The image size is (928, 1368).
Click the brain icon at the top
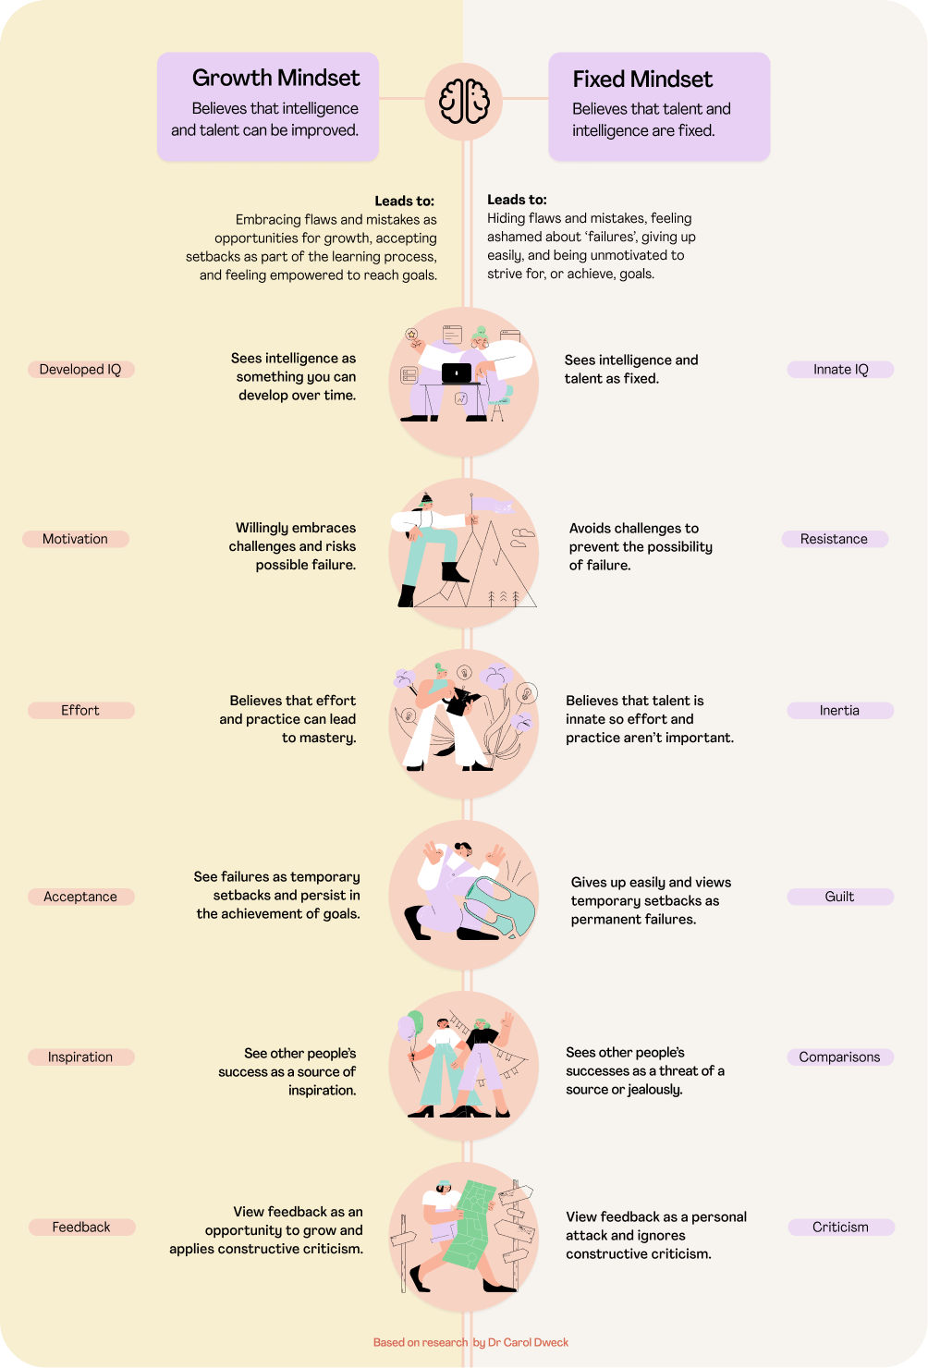tap(463, 100)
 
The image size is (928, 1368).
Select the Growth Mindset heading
tap(275, 79)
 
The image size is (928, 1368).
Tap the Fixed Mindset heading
tap(642, 79)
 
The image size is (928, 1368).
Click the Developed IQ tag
tap(80, 370)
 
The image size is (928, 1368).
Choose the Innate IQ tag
tap(840, 370)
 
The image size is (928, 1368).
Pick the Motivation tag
tap(76, 539)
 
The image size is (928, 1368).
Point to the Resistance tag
tap(834, 539)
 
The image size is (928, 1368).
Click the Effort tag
tap(80, 710)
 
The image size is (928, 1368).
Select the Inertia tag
tap(839, 710)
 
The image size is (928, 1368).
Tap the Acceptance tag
tap(80, 897)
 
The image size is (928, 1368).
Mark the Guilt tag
tap(839, 897)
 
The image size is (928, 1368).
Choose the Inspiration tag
tap(80, 1057)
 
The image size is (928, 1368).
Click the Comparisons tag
tap(839, 1057)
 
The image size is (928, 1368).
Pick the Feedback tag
tap(81, 1228)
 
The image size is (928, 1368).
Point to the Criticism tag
tap(840, 1228)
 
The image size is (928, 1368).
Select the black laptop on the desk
tap(457, 373)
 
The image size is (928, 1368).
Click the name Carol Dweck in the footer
tap(536, 1342)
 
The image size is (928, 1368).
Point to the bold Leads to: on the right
tap(517, 200)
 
